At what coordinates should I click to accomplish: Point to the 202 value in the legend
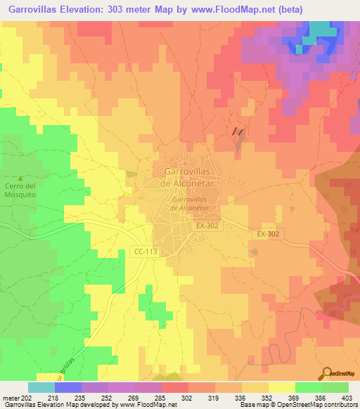point(27,398)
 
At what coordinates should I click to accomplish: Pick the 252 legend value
point(108,398)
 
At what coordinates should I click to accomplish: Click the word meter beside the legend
point(10,398)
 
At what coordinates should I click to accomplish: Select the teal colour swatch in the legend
point(41,387)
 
